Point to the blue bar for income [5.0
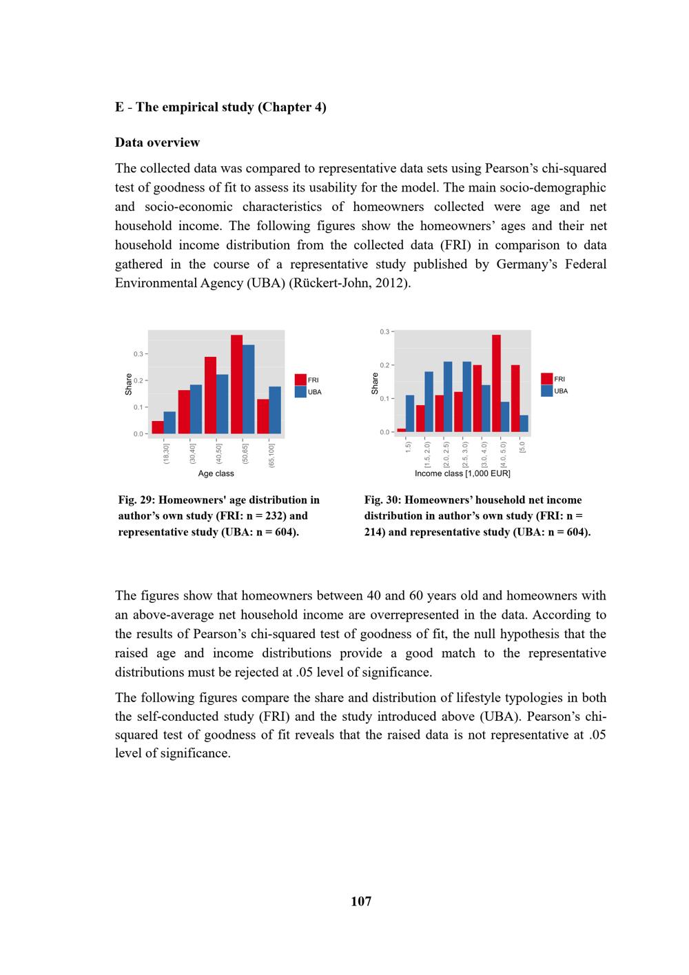524,424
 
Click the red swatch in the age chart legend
300,380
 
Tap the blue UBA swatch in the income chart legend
547,391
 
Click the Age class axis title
216,473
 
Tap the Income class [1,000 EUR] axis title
462,473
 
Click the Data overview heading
157,143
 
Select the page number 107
361,901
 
